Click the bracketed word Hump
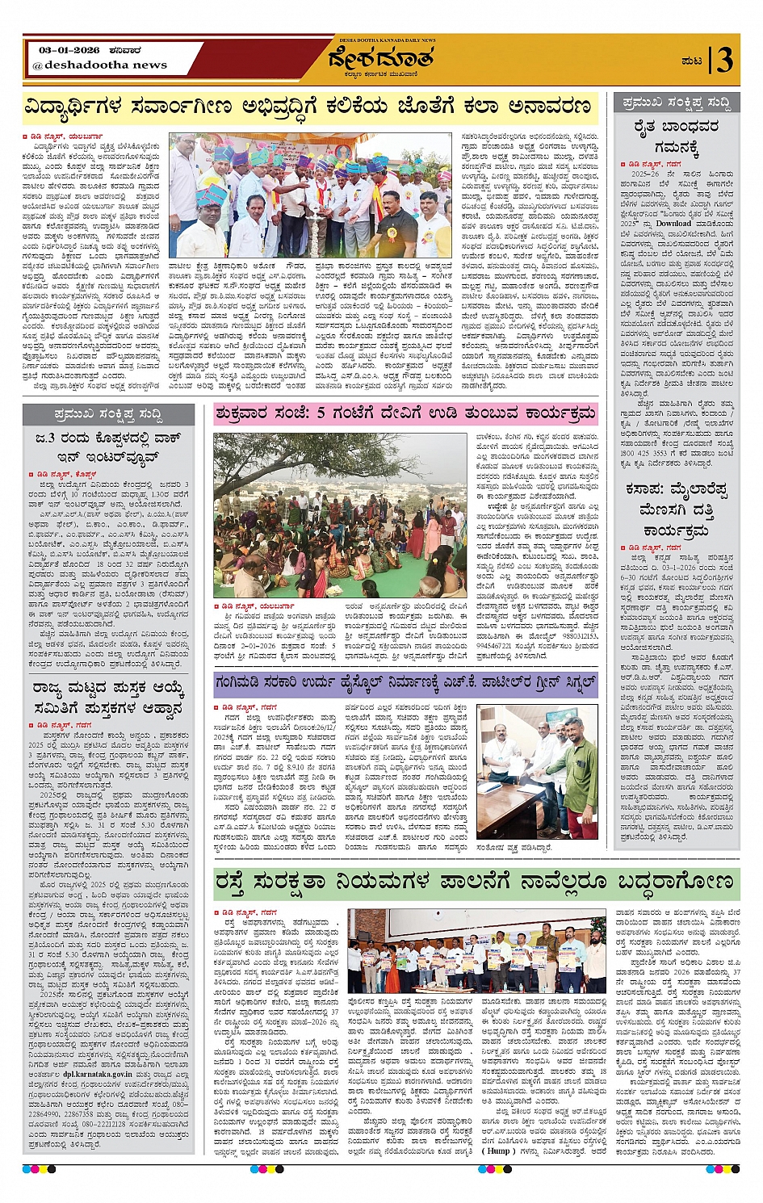498,1151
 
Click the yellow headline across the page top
307,107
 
